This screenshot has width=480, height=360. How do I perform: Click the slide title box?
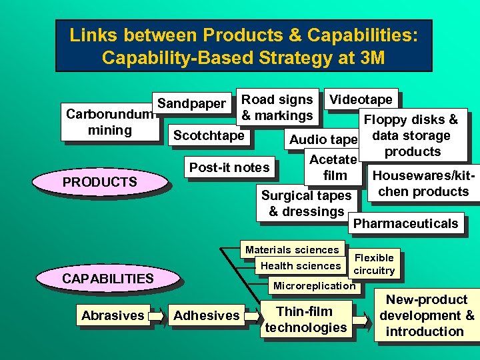coord(243,45)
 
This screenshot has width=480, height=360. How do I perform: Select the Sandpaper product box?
coord(192,103)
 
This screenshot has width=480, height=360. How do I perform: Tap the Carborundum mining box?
coord(109,121)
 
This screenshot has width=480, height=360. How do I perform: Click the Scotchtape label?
coord(209,135)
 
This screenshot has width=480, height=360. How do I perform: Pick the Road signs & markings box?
coord(277,107)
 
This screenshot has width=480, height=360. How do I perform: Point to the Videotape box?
coord(361,99)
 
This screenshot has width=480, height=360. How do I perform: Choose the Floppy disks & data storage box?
coord(412,135)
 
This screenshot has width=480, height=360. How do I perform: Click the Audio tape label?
coord(323,139)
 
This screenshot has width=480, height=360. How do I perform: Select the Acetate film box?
coord(334,167)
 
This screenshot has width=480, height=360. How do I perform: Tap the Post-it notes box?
coord(229,167)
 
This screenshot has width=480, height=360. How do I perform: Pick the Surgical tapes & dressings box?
coord(306,203)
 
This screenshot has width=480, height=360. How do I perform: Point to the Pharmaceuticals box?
coord(405,223)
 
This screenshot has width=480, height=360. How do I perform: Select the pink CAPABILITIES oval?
coord(107,279)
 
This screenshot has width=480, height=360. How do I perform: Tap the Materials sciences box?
coord(292,250)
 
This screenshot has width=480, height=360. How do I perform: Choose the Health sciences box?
coord(301,266)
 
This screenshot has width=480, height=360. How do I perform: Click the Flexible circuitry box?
coord(374,264)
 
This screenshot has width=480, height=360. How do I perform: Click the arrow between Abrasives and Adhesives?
coord(157,315)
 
